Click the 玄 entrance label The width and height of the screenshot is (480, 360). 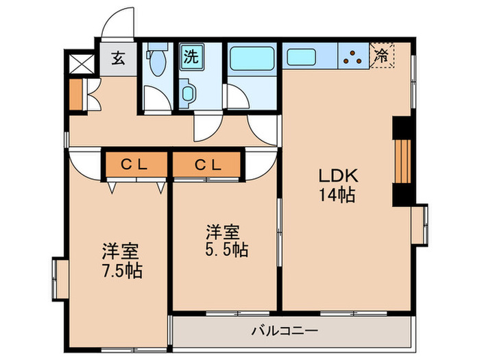coord(118,58)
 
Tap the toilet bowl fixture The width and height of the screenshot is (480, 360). coord(157,63)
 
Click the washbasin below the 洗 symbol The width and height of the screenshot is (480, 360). coord(187,94)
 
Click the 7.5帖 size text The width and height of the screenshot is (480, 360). coord(123,270)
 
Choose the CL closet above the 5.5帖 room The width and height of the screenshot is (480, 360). coord(207,165)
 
